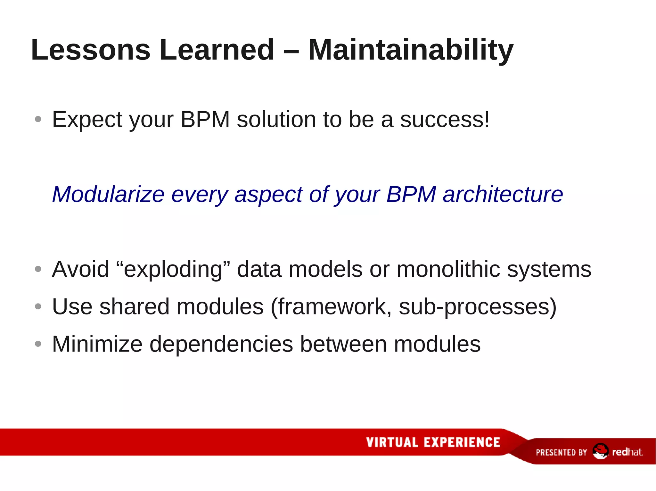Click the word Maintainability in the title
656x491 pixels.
(x=411, y=50)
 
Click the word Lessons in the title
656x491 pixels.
(x=91, y=50)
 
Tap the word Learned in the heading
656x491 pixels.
(x=217, y=50)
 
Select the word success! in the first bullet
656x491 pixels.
(x=445, y=120)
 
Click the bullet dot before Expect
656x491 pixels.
(x=38, y=120)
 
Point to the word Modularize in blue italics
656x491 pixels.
(x=108, y=194)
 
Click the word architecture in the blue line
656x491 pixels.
(x=503, y=194)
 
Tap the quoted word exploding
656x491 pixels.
(x=173, y=269)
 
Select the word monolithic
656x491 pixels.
(x=448, y=269)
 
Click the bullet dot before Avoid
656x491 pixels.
(x=38, y=269)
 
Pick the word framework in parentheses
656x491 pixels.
(x=331, y=307)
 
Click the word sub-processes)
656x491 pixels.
(x=478, y=307)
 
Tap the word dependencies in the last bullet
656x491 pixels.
(x=221, y=344)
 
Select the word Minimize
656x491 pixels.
(x=97, y=344)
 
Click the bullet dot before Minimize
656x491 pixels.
(x=38, y=344)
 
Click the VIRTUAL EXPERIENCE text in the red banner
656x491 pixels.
(x=433, y=442)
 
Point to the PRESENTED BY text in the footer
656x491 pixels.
(x=561, y=452)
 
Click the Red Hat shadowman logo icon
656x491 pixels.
(x=600, y=451)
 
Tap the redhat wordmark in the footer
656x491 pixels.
(x=627, y=452)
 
